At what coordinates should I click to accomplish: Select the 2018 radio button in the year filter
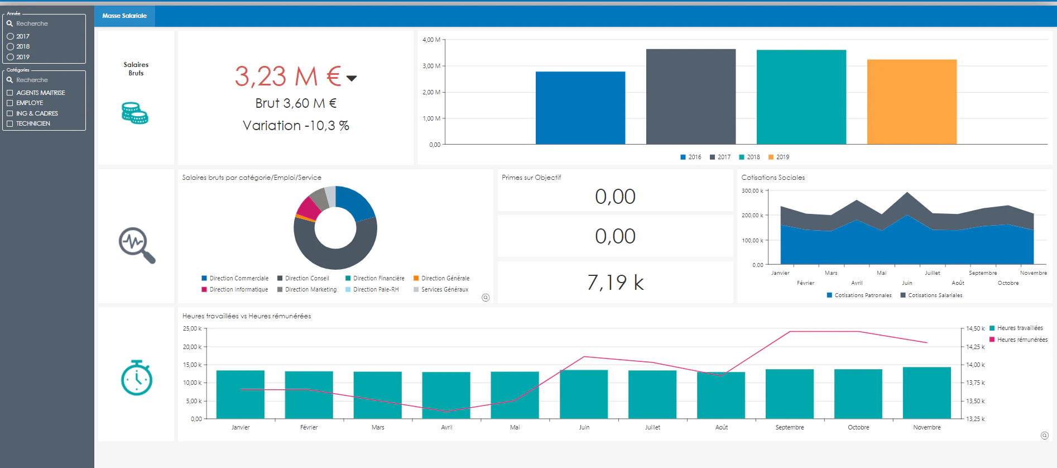click(10, 47)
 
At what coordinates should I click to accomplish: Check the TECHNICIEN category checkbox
click(9, 123)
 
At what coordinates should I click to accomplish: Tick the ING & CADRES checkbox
click(9, 113)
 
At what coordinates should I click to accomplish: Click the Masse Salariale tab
click(124, 16)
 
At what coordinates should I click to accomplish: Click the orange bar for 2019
click(911, 102)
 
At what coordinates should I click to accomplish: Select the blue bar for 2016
click(580, 108)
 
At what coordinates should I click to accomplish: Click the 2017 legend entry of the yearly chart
click(720, 157)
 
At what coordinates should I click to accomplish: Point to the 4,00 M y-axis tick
click(431, 40)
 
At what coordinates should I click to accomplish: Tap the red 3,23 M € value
click(288, 77)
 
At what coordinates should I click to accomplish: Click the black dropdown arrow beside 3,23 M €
click(352, 78)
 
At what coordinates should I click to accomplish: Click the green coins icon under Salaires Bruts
click(135, 113)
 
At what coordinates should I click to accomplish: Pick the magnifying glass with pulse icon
click(137, 245)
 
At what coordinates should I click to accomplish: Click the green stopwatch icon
click(137, 378)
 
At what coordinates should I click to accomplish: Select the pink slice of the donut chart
click(308, 209)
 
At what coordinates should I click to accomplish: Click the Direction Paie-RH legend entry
click(372, 289)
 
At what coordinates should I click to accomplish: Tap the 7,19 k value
click(615, 283)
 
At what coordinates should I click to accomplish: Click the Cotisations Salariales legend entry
click(931, 295)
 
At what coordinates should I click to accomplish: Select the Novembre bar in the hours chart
click(926, 393)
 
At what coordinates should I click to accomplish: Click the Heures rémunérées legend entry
click(1018, 340)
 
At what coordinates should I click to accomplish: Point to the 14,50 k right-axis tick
click(976, 328)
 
